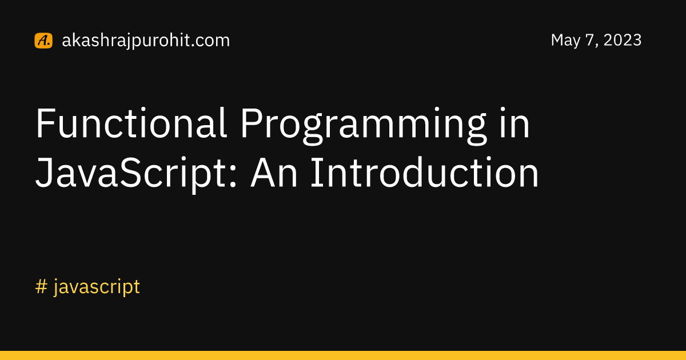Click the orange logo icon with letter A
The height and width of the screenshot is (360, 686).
43,41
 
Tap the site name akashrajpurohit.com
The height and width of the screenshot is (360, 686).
146,41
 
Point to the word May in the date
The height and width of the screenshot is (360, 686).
565,41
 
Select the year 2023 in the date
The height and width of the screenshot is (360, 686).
623,40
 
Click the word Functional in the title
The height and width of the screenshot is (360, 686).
131,123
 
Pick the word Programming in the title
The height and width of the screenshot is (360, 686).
364,126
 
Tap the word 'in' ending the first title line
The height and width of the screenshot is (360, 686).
514,123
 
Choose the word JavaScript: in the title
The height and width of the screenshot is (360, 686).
136,175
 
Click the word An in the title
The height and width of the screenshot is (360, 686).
274,173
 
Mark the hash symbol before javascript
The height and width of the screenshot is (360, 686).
41,287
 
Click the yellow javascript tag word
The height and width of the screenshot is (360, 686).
97,287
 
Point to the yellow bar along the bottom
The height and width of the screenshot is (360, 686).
343,355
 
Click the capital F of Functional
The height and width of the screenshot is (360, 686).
45,123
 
